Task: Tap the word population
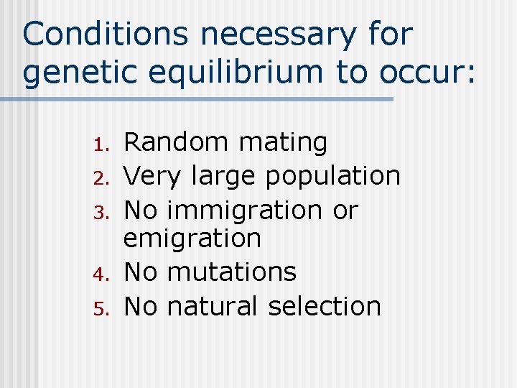pyautogui.click(x=332, y=176)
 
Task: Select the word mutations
pyautogui.click(x=231, y=272)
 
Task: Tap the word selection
pyautogui.click(x=324, y=306)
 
